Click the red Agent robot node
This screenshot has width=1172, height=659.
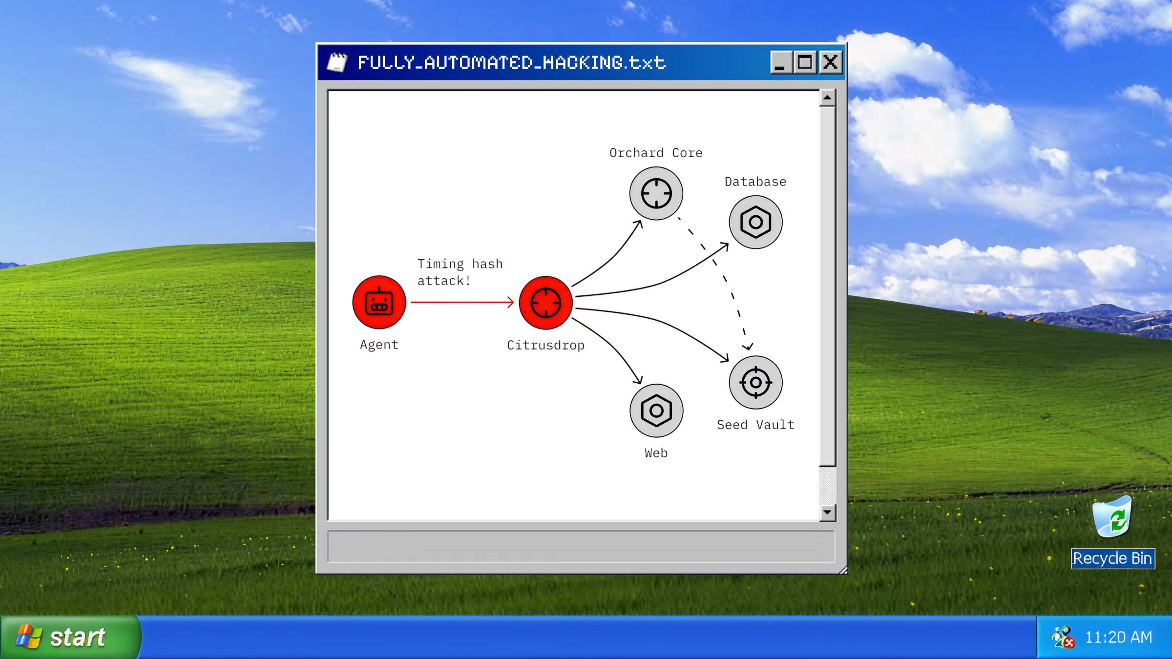click(379, 302)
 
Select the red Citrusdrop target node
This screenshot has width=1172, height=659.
click(545, 303)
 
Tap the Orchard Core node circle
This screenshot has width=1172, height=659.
click(656, 193)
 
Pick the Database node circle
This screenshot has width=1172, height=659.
click(755, 222)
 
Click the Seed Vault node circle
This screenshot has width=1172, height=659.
click(755, 382)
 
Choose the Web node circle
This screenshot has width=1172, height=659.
click(656, 411)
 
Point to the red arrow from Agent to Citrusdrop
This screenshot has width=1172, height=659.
click(461, 302)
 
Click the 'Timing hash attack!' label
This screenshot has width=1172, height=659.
click(460, 272)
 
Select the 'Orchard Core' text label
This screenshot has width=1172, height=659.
click(656, 153)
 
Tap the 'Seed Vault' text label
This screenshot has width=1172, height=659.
click(755, 425)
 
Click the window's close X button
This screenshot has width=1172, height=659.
click(830, 62)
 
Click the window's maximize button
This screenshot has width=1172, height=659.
click(805, 62)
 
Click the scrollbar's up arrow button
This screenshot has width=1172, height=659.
click(827, 98)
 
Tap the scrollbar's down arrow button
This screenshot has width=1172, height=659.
click(827, 512)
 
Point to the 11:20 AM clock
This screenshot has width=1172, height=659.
click(1118, 637)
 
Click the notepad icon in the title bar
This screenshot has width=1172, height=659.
click(337, 62)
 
